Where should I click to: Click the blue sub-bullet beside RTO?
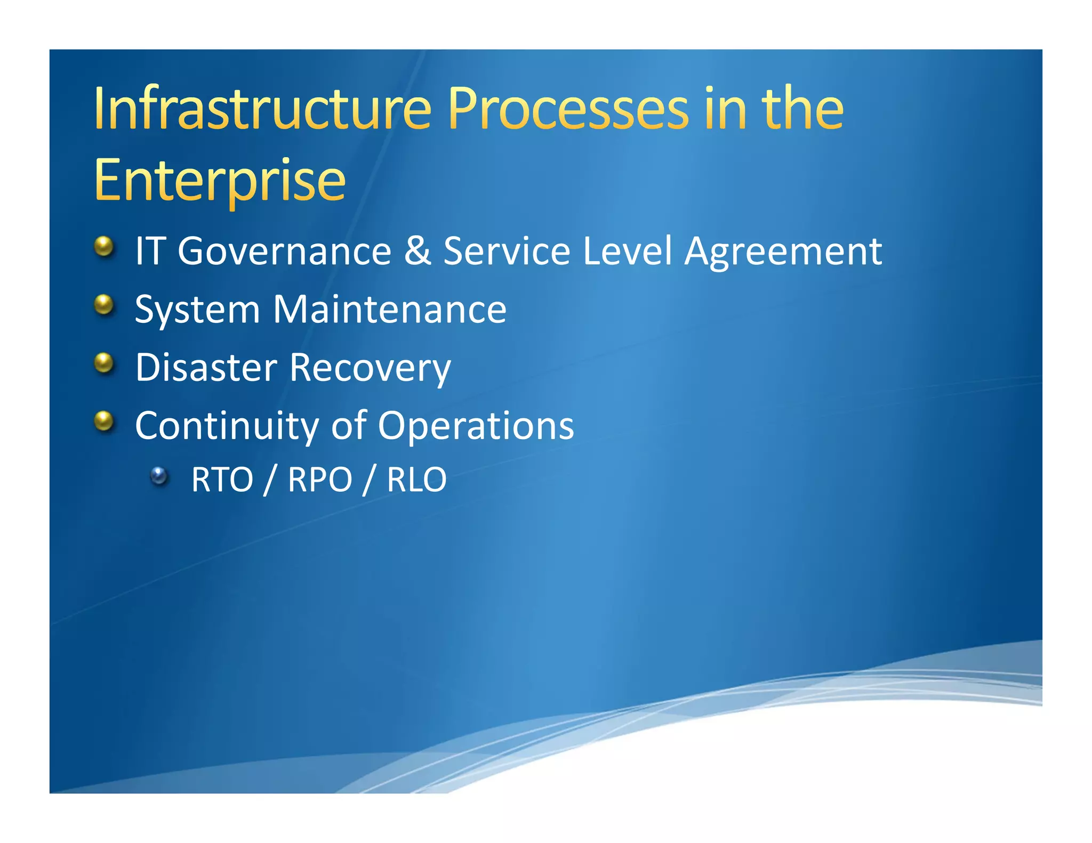(x=158, y=475)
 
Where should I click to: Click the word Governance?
(x=284, y=252)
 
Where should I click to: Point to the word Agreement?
(x=783, y=252)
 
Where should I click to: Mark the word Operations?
(x=476, y=426)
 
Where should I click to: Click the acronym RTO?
(x=222, y=480)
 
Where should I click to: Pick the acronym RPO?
(x=320, y=480)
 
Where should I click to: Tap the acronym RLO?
(x=416, y=480)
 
